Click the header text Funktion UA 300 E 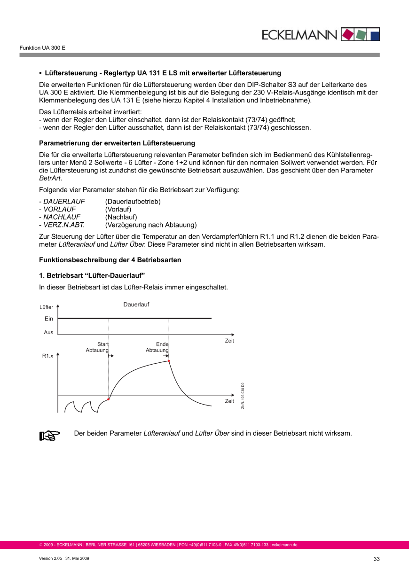coord(42,48)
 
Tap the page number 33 coord(376,559)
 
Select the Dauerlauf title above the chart coord(136,305)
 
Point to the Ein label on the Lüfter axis coord(49,319)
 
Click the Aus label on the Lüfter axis coord(48,332)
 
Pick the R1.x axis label coord(47,356)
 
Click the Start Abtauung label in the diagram coord(97,347)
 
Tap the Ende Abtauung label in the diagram coord(157,347)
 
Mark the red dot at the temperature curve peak coord(169,361)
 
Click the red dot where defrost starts coord(109,399)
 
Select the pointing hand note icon coord(50,436)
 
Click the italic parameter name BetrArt coord(50,179)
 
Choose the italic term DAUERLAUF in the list coord(64,202)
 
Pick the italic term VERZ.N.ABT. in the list coord(64,225)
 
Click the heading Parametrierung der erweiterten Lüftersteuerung coord(117,143)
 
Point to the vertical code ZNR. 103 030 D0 coord(243,396)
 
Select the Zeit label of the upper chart coord(229,341)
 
